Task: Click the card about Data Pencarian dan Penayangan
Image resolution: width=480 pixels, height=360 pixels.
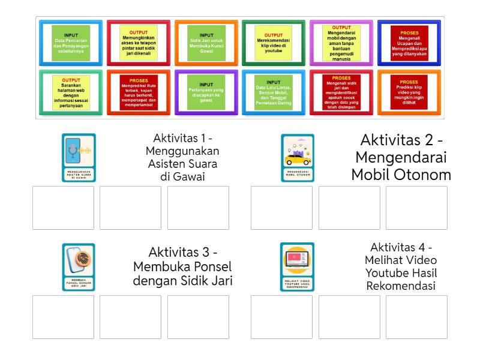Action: (71, 43)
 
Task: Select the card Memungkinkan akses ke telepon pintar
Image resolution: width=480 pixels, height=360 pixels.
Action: (139, 43)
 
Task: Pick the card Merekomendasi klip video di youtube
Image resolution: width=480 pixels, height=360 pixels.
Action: (274, 43)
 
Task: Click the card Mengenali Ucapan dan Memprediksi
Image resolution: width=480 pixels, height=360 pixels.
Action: (409, 43)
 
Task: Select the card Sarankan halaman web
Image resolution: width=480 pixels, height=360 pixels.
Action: (71, 92)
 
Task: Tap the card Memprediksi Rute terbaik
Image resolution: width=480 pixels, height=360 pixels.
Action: (139, 92)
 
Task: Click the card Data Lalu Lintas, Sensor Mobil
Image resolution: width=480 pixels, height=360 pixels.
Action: (274, 92)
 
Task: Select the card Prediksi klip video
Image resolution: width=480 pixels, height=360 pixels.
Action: (409, 92)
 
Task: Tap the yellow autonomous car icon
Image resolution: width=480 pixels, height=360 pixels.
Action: (298, 158)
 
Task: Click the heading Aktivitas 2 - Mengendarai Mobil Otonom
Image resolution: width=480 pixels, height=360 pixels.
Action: (401, 157)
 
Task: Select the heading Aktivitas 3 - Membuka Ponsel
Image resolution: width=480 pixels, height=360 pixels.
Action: (182, 266)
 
